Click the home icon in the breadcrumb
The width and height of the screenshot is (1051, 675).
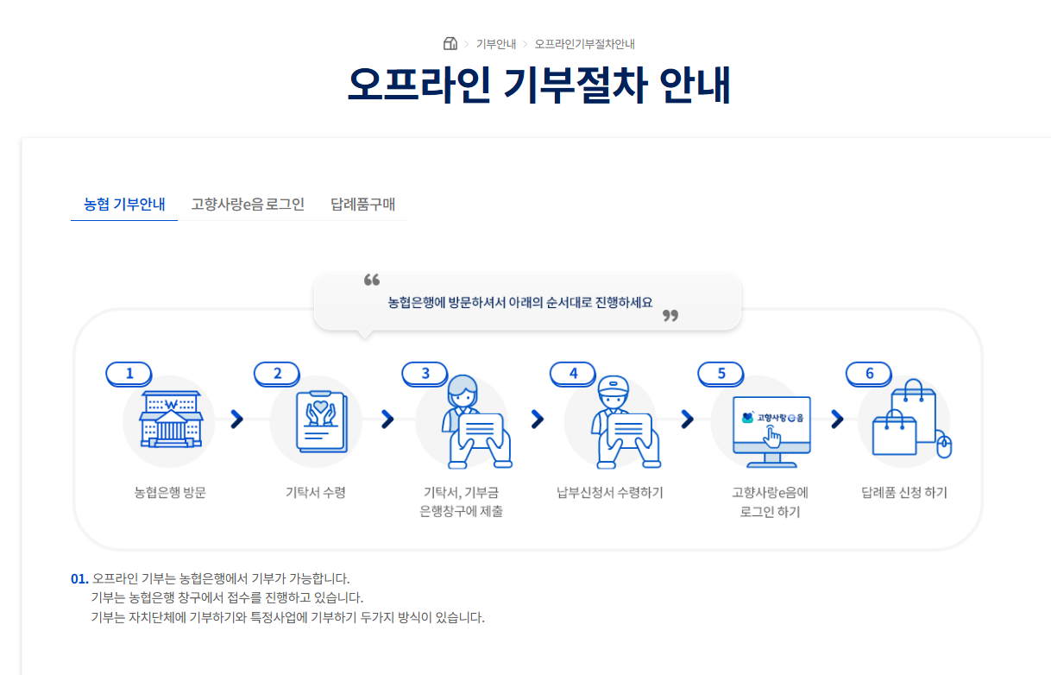450,44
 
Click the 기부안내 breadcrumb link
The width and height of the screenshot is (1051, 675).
495,44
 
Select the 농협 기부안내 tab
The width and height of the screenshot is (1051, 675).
124,205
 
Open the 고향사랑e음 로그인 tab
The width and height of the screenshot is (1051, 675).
248,205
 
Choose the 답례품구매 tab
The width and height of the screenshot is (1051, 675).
362,205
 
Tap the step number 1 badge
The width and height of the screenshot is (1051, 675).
129,373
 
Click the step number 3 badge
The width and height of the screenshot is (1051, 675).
425,373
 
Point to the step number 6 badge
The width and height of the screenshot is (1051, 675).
869,373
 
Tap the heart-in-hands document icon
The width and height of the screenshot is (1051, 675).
319,420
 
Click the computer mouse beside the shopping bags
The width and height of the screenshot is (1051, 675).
944,447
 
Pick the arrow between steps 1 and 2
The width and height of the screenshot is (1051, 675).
237,420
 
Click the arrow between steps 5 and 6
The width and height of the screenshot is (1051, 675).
837,420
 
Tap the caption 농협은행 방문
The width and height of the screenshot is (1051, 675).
170,493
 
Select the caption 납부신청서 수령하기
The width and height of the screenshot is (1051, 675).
609,493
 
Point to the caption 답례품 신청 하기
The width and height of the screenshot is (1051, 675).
903,493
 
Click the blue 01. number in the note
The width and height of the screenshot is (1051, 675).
79,578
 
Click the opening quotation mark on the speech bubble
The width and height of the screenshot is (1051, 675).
372,280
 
